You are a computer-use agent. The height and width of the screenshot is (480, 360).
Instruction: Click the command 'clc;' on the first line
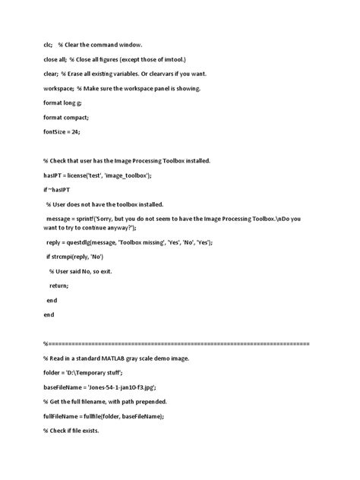(x=49, y=45)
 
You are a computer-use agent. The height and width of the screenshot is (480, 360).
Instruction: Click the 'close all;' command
(x=56, y=59)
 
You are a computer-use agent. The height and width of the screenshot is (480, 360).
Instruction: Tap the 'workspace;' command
(x=60, y=88)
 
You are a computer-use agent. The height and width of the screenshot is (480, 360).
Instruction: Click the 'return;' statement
(x=58, y=286)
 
